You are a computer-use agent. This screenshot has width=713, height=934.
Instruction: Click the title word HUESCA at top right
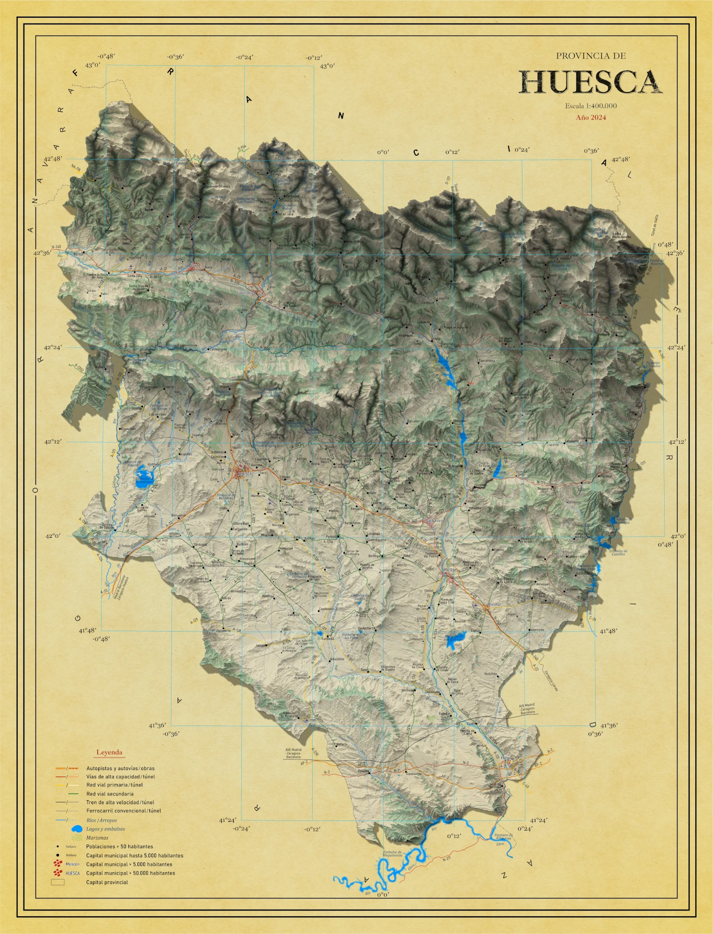point(591,82)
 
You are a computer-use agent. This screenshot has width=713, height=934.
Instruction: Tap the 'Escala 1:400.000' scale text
point(591,106)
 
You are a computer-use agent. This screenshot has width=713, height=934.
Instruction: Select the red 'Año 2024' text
point(591,117)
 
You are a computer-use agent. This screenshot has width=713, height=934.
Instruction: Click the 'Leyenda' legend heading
point(109,752)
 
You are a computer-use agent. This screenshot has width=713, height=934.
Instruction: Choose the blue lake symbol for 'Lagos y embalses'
point(77,829)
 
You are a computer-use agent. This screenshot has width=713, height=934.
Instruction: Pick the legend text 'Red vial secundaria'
point(110,794)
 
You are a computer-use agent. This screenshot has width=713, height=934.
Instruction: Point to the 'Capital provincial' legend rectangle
point(57,882)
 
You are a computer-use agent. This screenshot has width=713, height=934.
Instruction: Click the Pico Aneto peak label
point(621,236)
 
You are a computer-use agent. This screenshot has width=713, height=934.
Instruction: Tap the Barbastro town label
point(434,520)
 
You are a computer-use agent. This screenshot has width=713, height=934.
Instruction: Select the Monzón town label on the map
point(450,570)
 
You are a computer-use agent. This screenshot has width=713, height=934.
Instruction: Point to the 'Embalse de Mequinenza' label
point(393,853)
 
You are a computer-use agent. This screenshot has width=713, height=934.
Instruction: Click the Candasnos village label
point(414,773)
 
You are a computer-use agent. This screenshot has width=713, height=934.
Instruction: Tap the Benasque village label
point(558,250)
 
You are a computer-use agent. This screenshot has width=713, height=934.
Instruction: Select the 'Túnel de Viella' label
point(654,225)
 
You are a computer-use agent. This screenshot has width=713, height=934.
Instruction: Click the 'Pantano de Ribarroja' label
point(503,837)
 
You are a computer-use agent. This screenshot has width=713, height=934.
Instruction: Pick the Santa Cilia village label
point(135,276)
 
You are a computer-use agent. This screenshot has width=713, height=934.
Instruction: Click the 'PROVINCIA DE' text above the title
point(591,56)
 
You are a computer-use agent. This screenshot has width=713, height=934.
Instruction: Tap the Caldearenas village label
point(218,349)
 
